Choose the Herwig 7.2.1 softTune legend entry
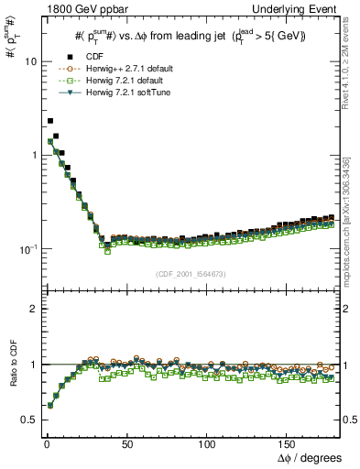pyautogui.click(x=118, y=92)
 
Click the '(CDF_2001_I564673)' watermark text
pyautogui.click(x=191, y=275)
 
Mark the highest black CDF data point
pyautogui.click(x=50, y=121)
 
